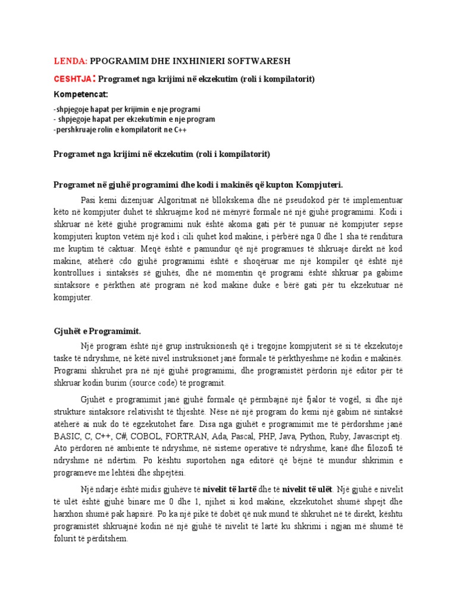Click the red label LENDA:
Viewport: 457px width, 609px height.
(71, 61)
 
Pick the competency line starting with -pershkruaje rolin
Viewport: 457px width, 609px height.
(120, 130)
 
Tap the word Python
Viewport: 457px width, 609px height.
(318, 437)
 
